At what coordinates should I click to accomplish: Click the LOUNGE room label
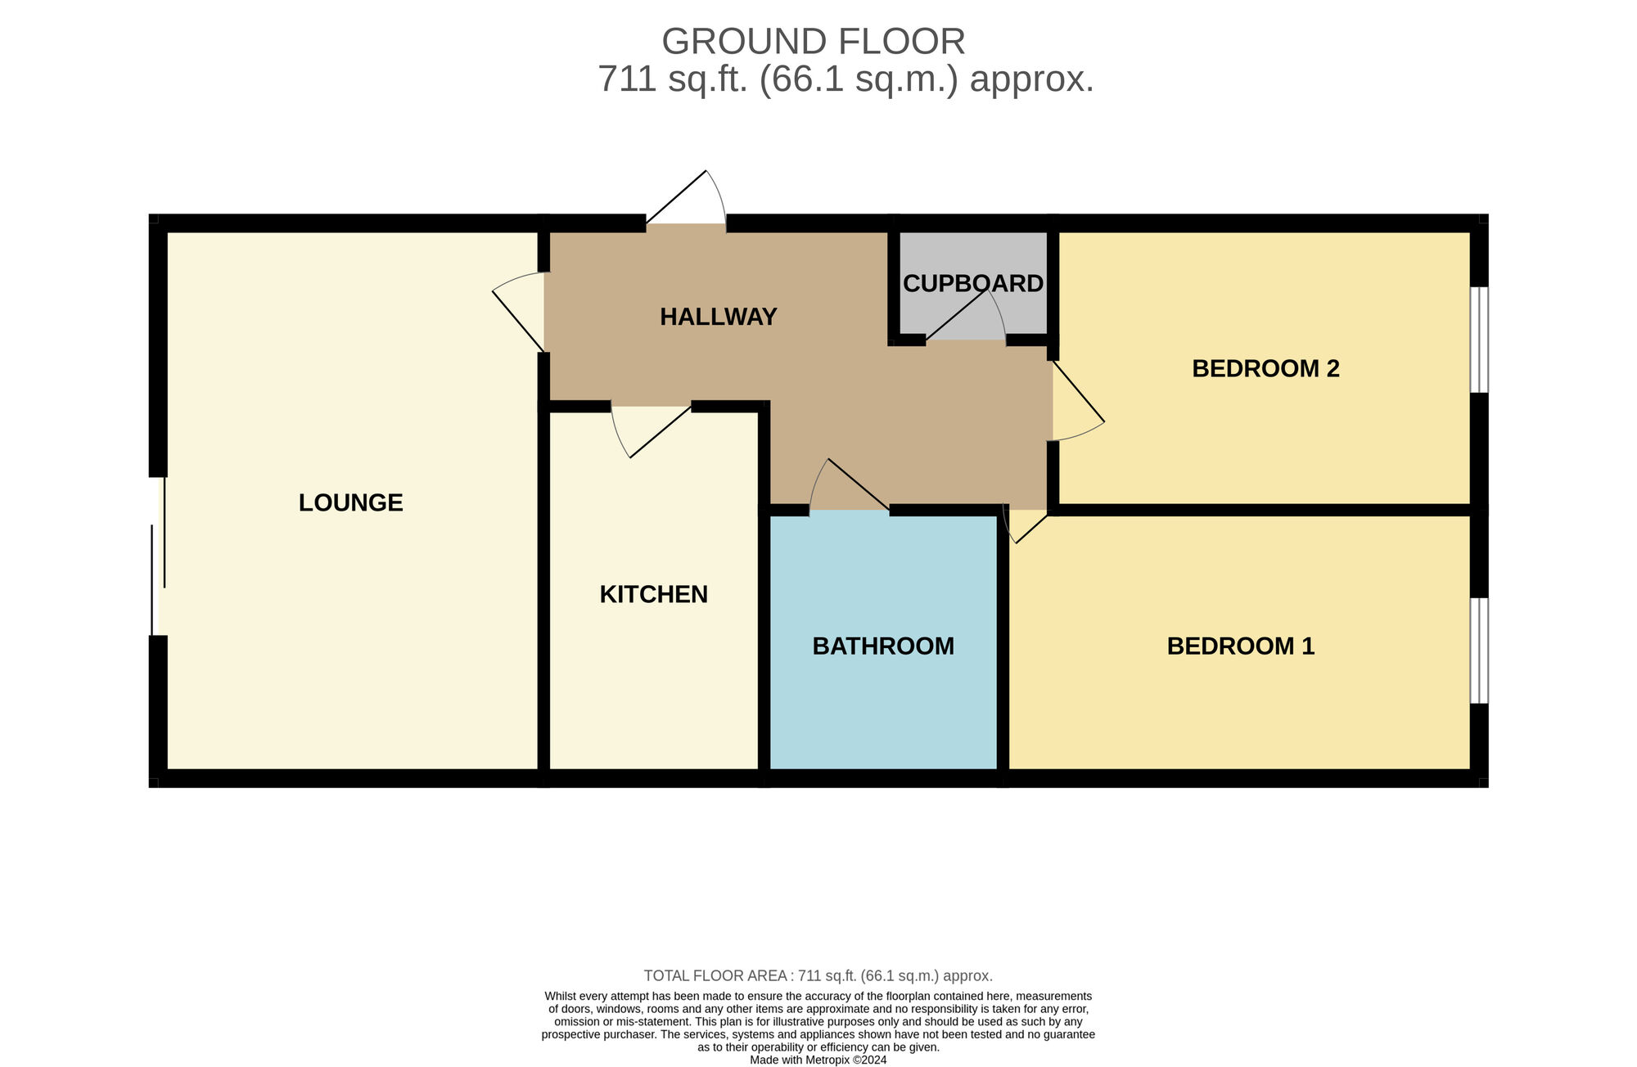tap(350, 502)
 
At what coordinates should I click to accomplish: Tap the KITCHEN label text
tap(654, 594)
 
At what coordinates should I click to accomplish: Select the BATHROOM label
tap(883, 646)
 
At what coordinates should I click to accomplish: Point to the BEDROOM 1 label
tap(1241, 646)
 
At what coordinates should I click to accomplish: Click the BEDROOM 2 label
tap(1265, 369)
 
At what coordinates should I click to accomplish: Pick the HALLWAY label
tap(719, 317)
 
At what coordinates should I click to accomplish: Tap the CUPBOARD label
tap(973, 283)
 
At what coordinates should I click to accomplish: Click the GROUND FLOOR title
tap(814, 41)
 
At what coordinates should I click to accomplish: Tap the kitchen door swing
tap(652, 431)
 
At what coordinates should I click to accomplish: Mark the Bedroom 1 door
tap(1025, 526)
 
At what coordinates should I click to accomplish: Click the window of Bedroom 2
tap(1479, 340)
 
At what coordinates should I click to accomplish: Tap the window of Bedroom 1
tap(1479, 651)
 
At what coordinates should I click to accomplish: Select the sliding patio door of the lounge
tap(158, 556)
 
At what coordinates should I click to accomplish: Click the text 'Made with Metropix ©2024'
tap(818, 1060)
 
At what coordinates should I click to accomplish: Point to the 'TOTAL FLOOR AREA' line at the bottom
tap(818, 975)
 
